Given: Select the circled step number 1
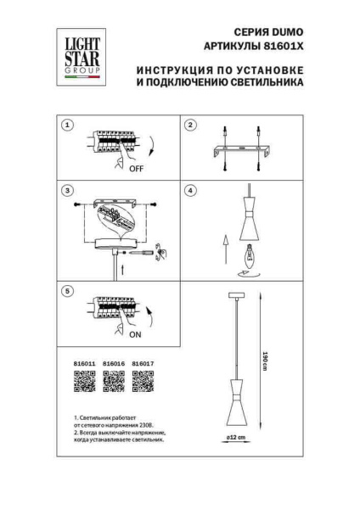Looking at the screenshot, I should click(x=68, y=125).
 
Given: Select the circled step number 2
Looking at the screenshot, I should click(x=191, y=125).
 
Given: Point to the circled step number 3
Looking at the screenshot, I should click(x=68, y=190).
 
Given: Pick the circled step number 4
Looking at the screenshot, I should click(x=191, y=190).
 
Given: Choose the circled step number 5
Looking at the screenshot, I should click(x=68, y=291).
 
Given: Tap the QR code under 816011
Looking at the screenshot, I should click(x=82, y=383).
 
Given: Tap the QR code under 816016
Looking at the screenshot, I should click(x=114, y=383).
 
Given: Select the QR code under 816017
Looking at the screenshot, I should click(x=144, y=383).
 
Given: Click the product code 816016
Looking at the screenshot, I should click(x=114, y=364).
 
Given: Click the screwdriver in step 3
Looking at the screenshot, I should click(x=146, y=252).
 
